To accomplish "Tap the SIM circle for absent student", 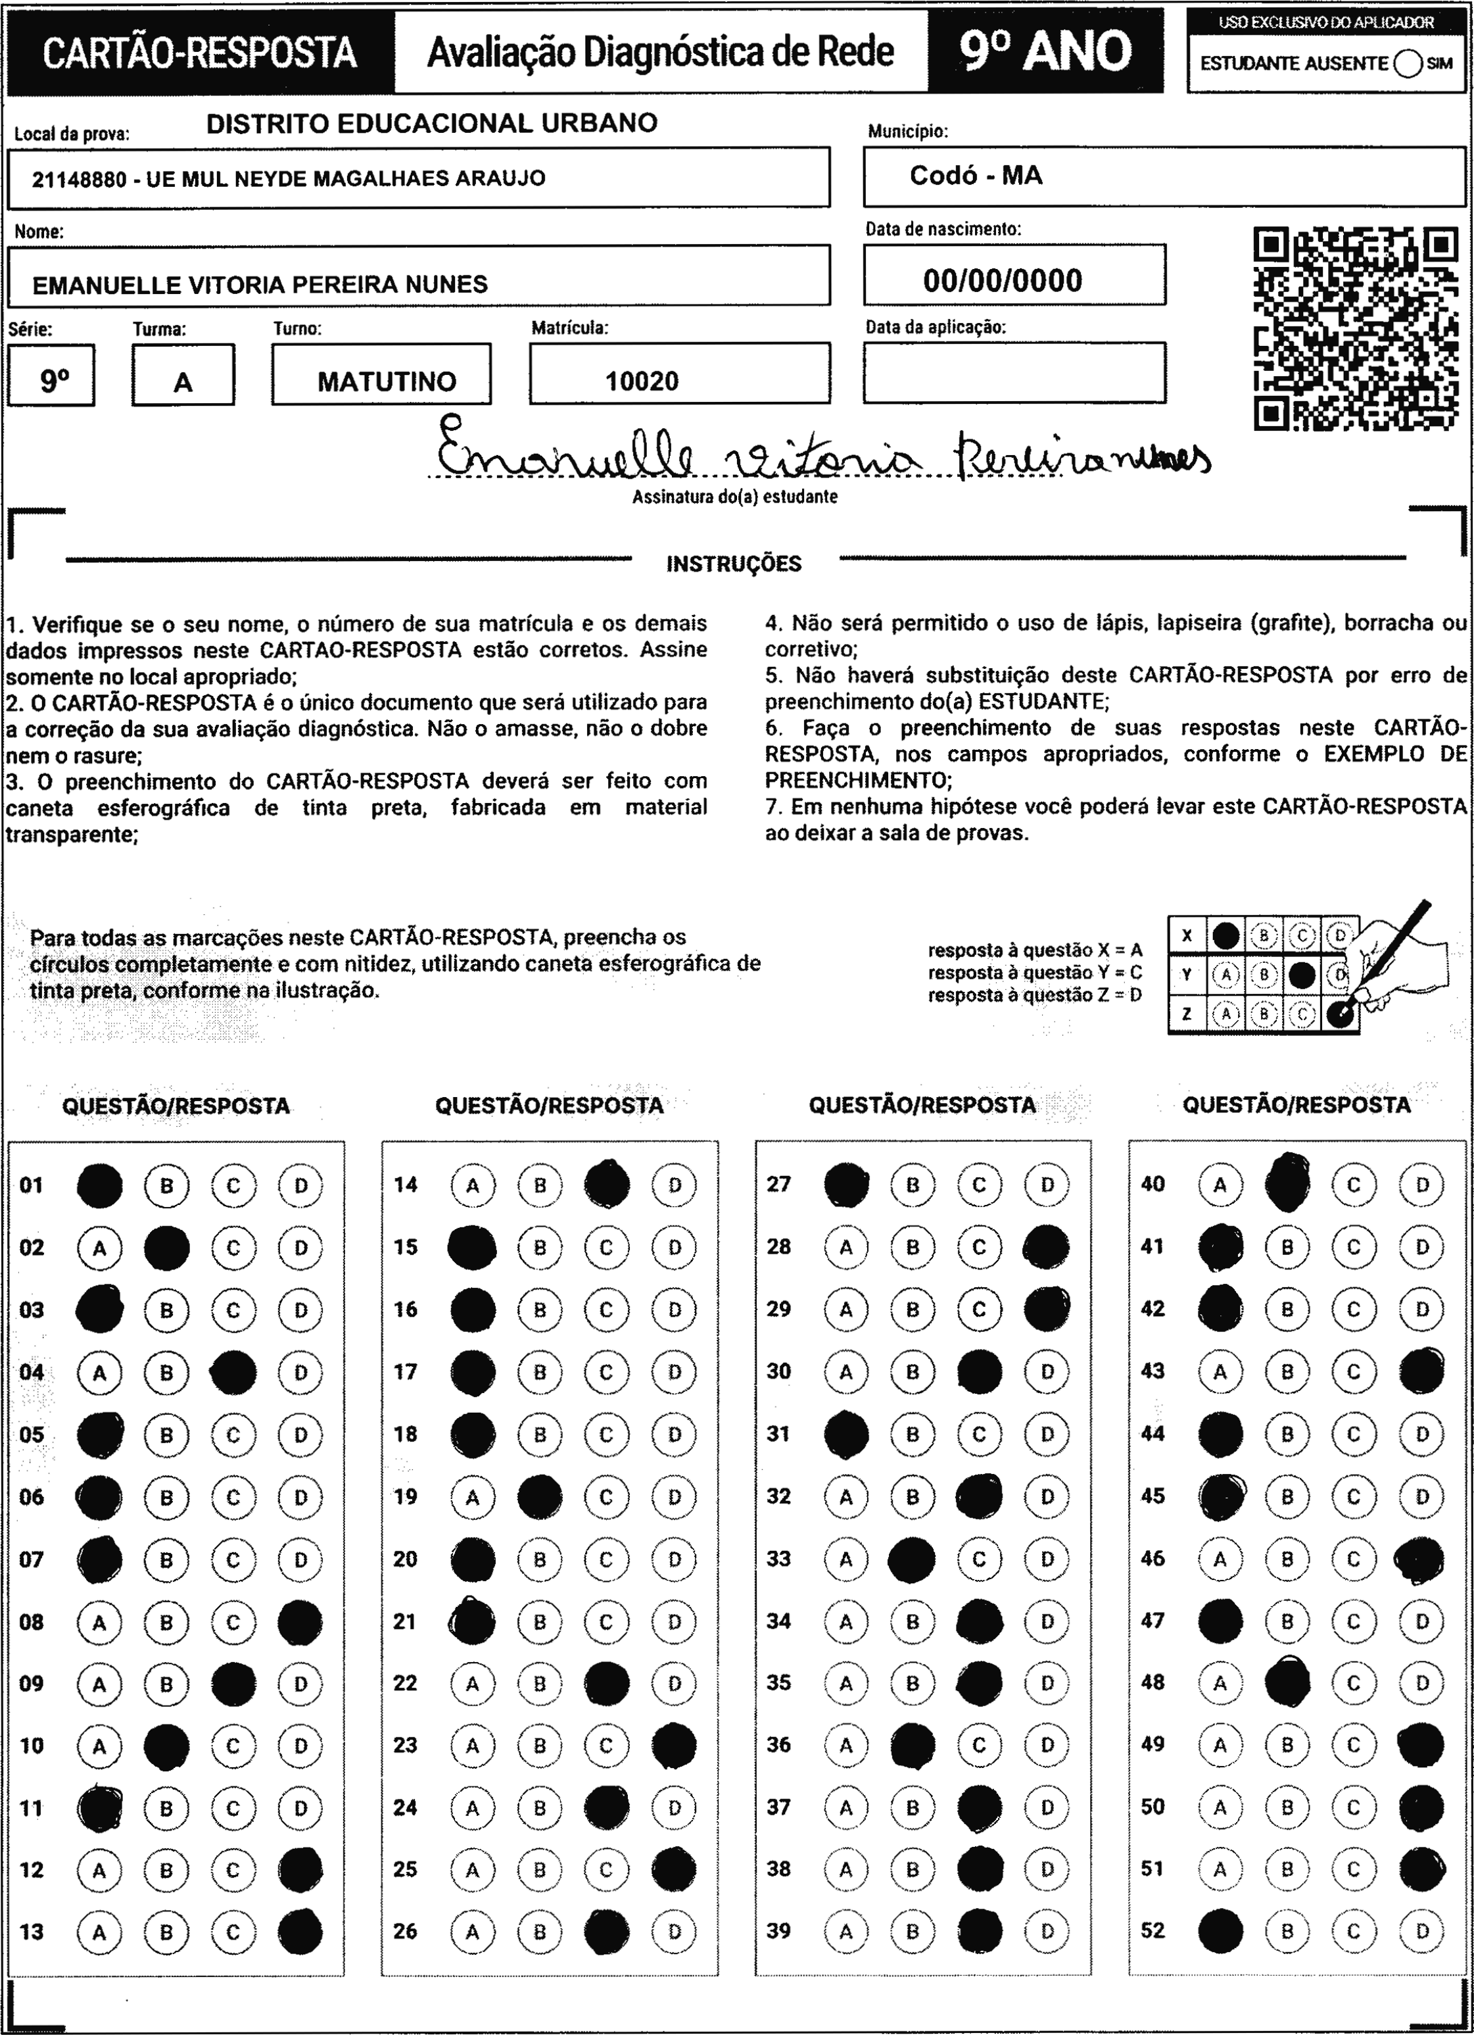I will tap(1408, 64).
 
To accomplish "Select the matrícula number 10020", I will tap(642, 381).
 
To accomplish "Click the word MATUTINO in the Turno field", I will tap(387, 381).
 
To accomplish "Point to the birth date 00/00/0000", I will tap(1002, 281).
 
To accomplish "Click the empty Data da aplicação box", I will tap(1014, 372).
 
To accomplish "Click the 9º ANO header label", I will tap(1045, 51).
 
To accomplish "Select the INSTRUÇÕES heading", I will tap(734, 564).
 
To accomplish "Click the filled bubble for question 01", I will tap(99, 1185).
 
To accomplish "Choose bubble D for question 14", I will tap(675, 1185).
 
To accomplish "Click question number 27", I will tap(778, 1185).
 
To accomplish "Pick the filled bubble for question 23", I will tap(675, 1745).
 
